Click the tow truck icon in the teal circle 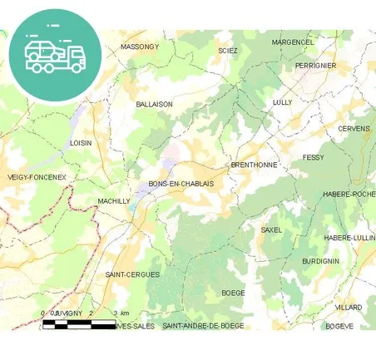tap(55, 54)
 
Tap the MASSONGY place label tap(139, 47)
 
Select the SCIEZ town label tap(228, 51)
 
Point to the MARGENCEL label tap(293, 42)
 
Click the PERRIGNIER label tap(315, 65)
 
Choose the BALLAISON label tap(154, 104)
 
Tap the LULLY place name tap(283, 102)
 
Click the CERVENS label tap(354, 129)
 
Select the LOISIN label tap(81, 143)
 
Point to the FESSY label tap(314, 157)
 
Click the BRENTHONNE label tap(254, 165)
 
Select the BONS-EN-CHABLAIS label tap(181, 184)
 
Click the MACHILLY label tap(114, 201)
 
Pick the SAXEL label tap(272, 229)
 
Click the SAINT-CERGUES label tap(132, 274)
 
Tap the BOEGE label tap(233, 293)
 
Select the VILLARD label tap(349, 307)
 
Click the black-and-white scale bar tap(79, 323)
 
